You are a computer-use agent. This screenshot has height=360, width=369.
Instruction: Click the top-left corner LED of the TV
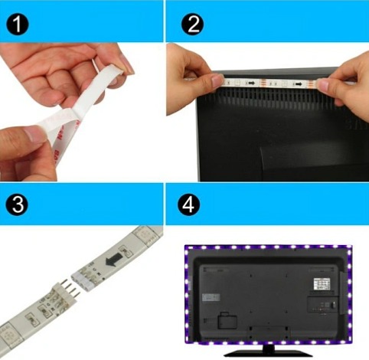click(188, 249)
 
